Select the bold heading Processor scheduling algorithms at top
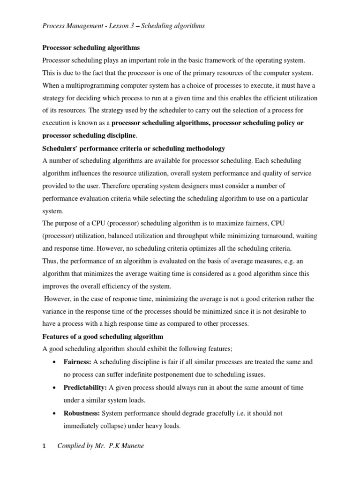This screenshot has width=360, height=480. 91,48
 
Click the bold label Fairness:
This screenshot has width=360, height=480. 77,362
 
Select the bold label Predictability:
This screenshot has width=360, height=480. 85,388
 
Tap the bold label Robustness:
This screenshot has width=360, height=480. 82,413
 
